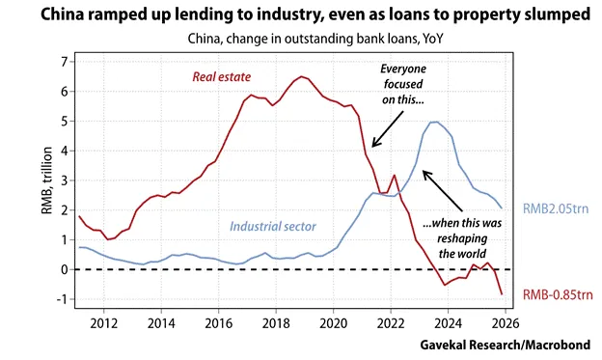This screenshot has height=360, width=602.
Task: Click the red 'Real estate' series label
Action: (x=222, y=77)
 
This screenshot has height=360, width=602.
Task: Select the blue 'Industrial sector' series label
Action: (x=273, y=226)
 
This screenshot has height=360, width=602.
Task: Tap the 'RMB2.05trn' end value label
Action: (x=556, y=208)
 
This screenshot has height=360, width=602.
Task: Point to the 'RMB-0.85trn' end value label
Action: (x=558, y=294)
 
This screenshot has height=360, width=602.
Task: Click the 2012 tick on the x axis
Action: (x=103, y=323)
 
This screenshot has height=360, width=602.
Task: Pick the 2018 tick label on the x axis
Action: (x=276, y=323)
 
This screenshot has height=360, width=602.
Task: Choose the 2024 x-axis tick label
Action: (x=448, y=323)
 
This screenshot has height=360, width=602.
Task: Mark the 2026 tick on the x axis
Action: (x=506, y=323)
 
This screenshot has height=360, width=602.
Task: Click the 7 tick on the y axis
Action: (x=64, y=62)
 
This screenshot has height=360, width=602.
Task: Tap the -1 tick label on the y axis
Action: (x=62, y=299)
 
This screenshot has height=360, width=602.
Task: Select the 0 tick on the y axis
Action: (x=64, y=269)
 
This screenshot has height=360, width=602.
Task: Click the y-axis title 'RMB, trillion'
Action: (x=46, y=180)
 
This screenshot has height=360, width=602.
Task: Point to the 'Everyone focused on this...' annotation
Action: (x=403, y=84)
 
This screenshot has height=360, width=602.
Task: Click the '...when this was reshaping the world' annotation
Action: (x=462, y=238)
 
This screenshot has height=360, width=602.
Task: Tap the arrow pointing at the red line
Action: (x=388, y=129)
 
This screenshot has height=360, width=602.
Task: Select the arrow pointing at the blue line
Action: (x=443, y=190)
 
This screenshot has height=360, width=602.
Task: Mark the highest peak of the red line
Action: (x=302, y=76)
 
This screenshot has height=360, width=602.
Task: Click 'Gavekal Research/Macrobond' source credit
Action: (x=506, y=345)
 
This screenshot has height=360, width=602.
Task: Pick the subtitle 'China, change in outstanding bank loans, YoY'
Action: (x=315, y=39)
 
